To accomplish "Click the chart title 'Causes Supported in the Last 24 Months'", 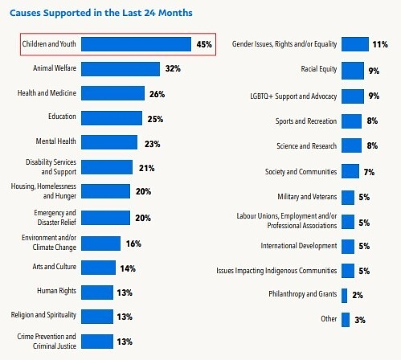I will (101, 13).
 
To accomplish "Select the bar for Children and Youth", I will (136, 44).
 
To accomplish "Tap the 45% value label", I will (204, 44).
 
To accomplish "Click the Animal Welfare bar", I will (120, 69).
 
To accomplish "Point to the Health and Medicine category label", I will (47, 93).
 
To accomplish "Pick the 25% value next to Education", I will (155, 119).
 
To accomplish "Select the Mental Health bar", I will (109, 142).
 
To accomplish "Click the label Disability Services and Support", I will (51, 167).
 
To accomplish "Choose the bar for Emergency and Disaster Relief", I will (106, 218).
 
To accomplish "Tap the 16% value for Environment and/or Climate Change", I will (133, 243).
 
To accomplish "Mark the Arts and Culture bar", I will (98, 268).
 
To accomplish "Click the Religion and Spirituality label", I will (43, 315).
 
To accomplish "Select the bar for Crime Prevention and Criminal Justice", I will (97, 341).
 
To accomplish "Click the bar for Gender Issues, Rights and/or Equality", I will (355, 44).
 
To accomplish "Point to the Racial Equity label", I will (319, 69).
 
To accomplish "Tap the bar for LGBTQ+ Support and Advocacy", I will (352, 96).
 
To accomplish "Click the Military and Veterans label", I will (307, 197).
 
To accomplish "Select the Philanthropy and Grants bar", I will (344, 295).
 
